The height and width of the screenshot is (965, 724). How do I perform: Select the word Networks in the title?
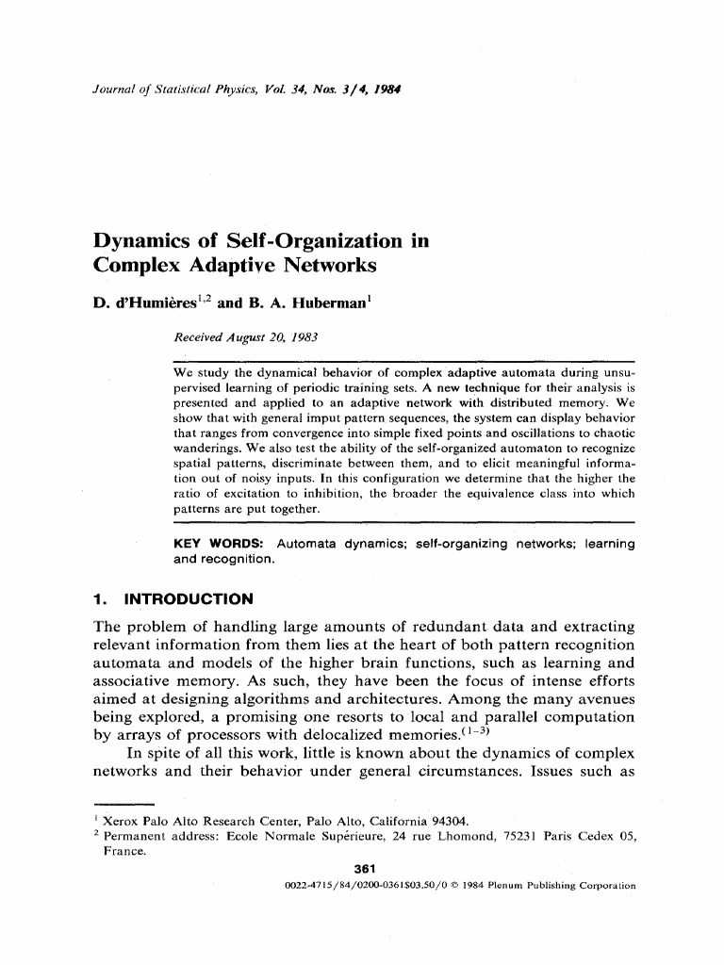point(324,266)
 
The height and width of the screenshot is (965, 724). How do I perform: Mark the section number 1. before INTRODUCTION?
point(101,598)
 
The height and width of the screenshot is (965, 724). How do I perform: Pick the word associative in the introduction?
point(135,680)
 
